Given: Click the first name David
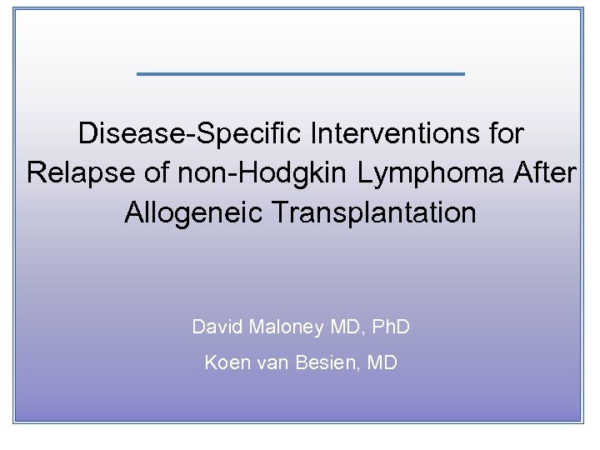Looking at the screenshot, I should [x=217, y=327].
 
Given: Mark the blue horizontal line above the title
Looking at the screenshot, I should [x=300, y=74].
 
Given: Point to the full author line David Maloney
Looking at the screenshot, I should [x=301, y=327].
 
